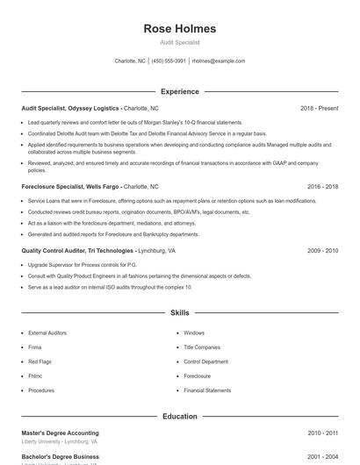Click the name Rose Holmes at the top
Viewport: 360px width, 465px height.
tap(179, 29)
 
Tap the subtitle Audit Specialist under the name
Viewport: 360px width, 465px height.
tap(179, 42)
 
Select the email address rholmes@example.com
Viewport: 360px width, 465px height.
tap(218, 61)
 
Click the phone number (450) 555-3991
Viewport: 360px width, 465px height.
tap(169, 61)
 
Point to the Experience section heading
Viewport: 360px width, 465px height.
tap(179, 91)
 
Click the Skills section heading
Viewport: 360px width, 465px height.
tap(179, 312)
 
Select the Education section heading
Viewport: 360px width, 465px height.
tap(179, 416)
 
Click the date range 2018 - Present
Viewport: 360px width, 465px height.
tap(319, 108)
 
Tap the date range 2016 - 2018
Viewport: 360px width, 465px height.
tap(322, 187)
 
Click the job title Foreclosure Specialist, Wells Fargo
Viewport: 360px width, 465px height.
tap(70, 187)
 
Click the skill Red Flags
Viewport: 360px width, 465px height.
tap(40, 361)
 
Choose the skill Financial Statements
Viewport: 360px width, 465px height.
tap(207, 390)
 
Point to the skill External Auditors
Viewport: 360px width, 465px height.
tap(47, 333)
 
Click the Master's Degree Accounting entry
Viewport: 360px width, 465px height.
tap(60, 433)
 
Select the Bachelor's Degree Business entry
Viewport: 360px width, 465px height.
tap(60, 456)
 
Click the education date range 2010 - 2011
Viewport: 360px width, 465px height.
tap(322, 433)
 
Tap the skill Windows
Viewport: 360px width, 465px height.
tap(194, 333)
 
